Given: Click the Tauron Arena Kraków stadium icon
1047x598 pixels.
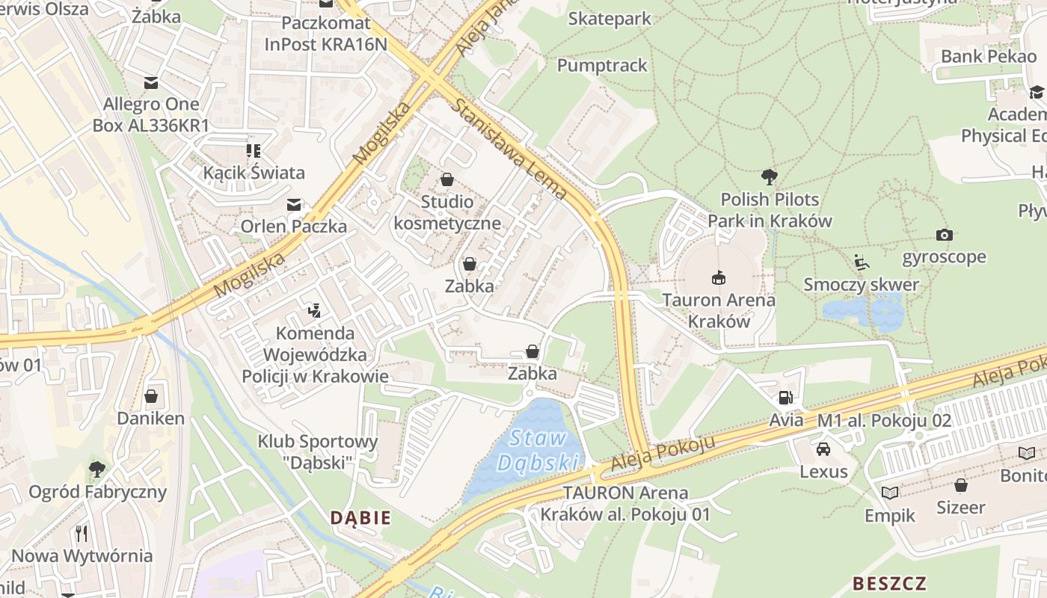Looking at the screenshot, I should (719, 278).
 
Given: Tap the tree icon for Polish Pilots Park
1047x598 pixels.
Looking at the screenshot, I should (769, 177).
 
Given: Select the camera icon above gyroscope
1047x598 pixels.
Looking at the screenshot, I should (944, 235).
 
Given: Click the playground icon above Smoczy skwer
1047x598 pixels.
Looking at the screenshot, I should (862, 262).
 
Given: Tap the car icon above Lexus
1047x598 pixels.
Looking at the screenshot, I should (823, 449).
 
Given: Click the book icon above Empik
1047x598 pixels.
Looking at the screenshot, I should (890, 493).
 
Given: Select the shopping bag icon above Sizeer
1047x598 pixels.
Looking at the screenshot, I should (961, 485).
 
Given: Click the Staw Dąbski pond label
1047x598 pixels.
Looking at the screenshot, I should (538, 450).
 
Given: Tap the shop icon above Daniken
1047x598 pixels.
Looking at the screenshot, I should (151, 395).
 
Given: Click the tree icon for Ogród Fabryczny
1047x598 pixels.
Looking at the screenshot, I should (97, 469).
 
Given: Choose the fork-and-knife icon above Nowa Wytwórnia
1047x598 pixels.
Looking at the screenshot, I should (82, 533).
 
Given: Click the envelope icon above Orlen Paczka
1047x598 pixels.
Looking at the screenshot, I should (294, 204).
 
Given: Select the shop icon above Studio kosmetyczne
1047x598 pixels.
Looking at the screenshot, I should (447, 179).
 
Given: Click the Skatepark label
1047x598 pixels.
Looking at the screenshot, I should (610, 19).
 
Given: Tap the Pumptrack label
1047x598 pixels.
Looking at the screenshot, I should (602, 65).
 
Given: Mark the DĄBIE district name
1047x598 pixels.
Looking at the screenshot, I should (360, 517).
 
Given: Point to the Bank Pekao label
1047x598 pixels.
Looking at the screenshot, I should (988, 56).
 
